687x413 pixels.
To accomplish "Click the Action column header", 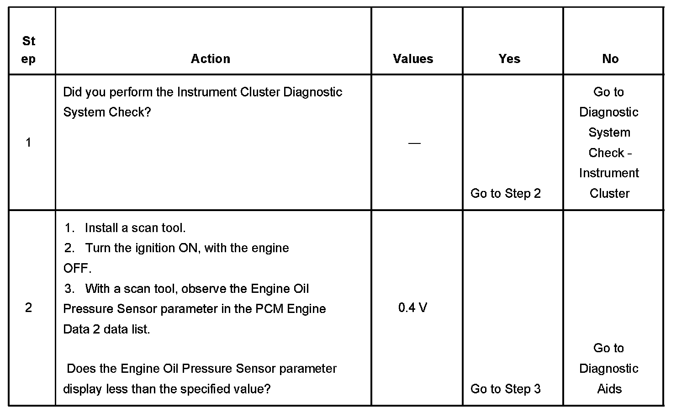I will [211, 58].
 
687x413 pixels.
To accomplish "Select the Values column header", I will [413, 58].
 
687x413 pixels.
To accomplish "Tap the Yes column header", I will [509, 58].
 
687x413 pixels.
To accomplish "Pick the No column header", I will [610, 58].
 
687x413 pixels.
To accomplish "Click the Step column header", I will [28, 50].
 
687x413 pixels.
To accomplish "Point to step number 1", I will [28, 143].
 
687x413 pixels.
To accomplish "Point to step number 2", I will [28, 307].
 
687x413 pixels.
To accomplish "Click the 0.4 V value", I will [412, 307].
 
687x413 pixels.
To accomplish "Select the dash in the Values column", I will [414, 143].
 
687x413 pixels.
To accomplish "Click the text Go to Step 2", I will [505, 193].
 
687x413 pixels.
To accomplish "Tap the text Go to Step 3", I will [505, 389].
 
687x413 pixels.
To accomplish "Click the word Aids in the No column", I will [609, 389].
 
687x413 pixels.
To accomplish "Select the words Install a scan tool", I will [135, 228].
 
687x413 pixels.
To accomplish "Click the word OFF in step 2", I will [75, 268].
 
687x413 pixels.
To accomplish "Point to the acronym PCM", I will [269, 309].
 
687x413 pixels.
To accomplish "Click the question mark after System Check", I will [148, 112].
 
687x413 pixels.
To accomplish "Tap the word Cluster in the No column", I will [609, 193].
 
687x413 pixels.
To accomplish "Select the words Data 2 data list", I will [106, 329].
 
